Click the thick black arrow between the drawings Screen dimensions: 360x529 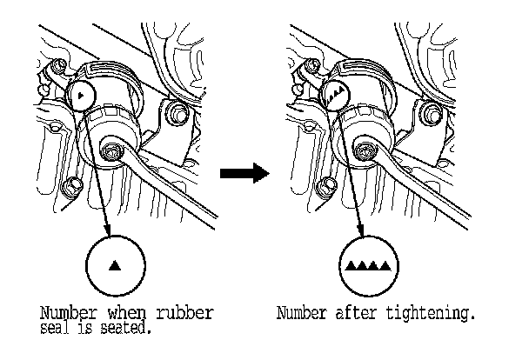241,174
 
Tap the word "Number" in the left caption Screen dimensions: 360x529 62,312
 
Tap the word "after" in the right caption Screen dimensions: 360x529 358,312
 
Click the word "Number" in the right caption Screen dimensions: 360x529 302,312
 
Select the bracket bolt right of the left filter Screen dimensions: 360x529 177,113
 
